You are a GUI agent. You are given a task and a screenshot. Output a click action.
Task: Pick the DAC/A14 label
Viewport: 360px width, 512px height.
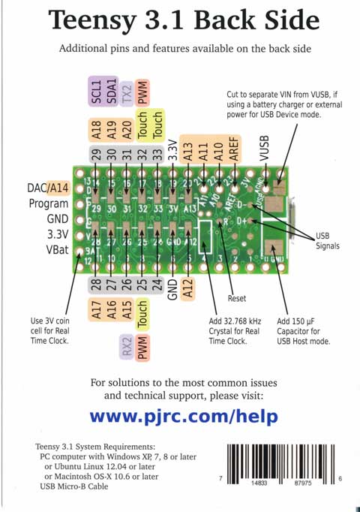48,188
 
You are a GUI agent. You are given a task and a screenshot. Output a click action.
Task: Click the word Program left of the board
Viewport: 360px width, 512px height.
48,203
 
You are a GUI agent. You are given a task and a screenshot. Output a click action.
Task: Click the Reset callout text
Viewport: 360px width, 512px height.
236,298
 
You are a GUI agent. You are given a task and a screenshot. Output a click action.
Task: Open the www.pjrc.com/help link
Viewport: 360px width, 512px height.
184,416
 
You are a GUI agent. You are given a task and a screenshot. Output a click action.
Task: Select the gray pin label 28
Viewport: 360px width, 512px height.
95,285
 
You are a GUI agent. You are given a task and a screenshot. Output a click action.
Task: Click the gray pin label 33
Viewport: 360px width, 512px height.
157,155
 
